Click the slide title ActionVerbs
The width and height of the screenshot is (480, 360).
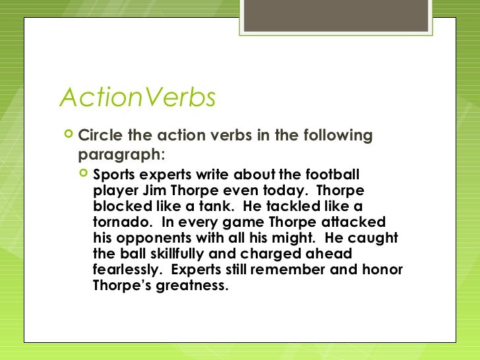point(138,98)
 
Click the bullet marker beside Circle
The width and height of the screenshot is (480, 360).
point(67,135)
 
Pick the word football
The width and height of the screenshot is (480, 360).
point(332,175)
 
